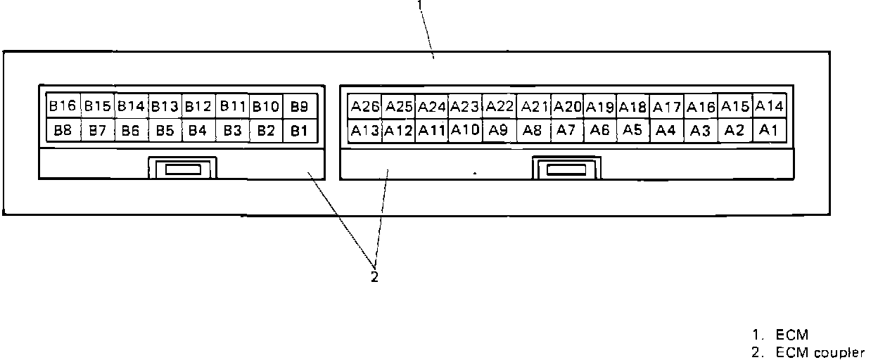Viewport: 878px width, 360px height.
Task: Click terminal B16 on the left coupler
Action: [63, 106]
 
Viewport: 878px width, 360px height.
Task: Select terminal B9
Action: [300, 107]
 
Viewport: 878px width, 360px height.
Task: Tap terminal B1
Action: [300, 130]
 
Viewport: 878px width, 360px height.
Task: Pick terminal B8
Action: [63, 130]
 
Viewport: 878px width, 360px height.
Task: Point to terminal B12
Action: [198, 107]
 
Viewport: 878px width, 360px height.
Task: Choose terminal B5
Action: [165, 130]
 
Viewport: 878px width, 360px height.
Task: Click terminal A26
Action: [365, 107]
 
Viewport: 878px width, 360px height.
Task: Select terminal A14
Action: [769, 106]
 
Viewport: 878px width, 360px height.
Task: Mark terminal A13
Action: [365, 130]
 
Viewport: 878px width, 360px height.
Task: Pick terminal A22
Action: [500, 106]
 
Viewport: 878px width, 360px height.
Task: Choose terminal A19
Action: [600, 107]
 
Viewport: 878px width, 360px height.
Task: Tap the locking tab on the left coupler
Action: [182, 169]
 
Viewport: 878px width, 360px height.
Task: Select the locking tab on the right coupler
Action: [567, 169]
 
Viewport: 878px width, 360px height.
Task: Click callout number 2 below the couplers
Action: [374, 277]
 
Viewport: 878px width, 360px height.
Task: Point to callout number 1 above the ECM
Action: [420, 4]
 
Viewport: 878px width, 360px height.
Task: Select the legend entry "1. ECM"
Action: [780, 335]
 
